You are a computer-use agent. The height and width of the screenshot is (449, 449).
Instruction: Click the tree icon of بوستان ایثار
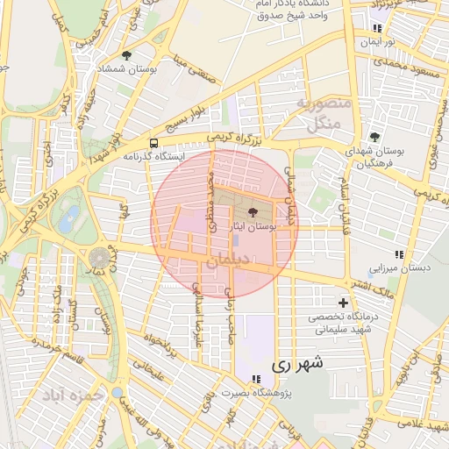click(x=253, y=212)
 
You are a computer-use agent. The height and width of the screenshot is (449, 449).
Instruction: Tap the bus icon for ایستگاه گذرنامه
click(x=154, y=143)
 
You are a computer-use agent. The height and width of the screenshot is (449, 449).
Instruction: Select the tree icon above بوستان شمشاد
click(x=128, y=55)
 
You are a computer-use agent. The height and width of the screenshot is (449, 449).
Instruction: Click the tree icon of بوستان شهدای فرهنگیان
click(x=374, y=137)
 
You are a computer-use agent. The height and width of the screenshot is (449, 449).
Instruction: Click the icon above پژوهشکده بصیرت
click(x=255, y=379)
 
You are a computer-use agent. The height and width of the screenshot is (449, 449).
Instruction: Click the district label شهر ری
click(x=297, y=362)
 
